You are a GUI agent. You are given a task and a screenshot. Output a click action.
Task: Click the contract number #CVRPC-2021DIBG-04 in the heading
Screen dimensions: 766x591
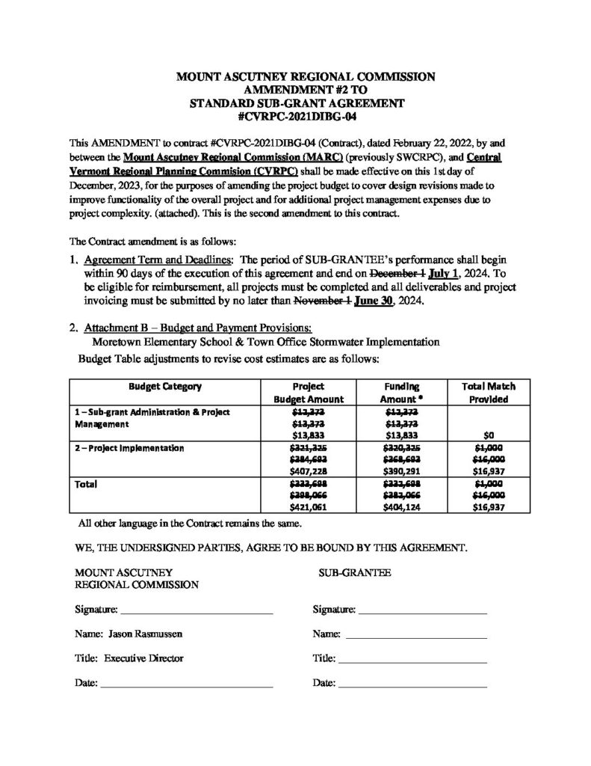pos(294,116)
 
